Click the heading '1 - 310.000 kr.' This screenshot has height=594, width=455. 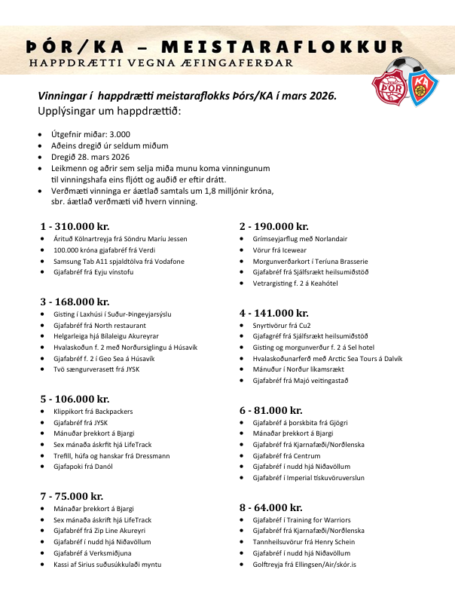click(75, 226)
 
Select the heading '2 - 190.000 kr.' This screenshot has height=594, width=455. click(273, 226)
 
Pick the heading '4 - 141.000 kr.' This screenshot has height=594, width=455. click(273, 313)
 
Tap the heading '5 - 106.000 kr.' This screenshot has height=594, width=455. click(75, 399)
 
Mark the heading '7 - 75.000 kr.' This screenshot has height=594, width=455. click(72, 496)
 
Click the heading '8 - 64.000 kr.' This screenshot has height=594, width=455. click(270, 507)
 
